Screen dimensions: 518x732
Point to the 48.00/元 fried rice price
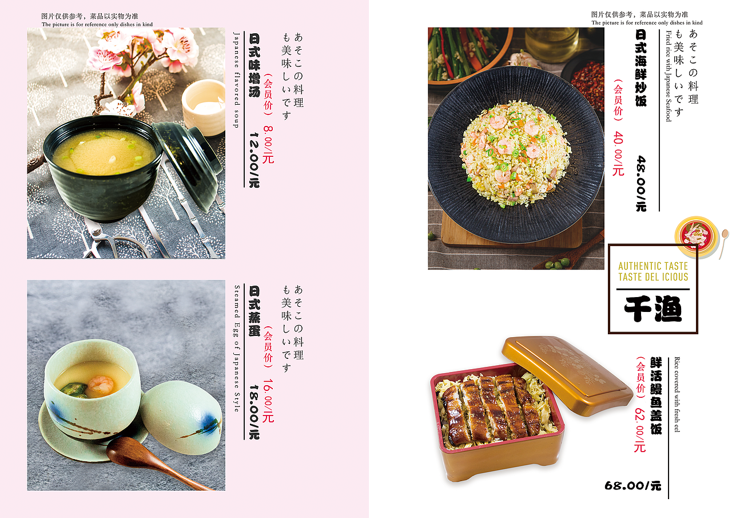coord(641,183)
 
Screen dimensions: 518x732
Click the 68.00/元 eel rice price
coord(632,486)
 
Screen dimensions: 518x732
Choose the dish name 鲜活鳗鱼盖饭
coord(656,395)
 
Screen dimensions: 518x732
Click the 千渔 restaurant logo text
coord(653,310)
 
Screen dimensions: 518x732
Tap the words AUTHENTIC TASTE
coord(653,266)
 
